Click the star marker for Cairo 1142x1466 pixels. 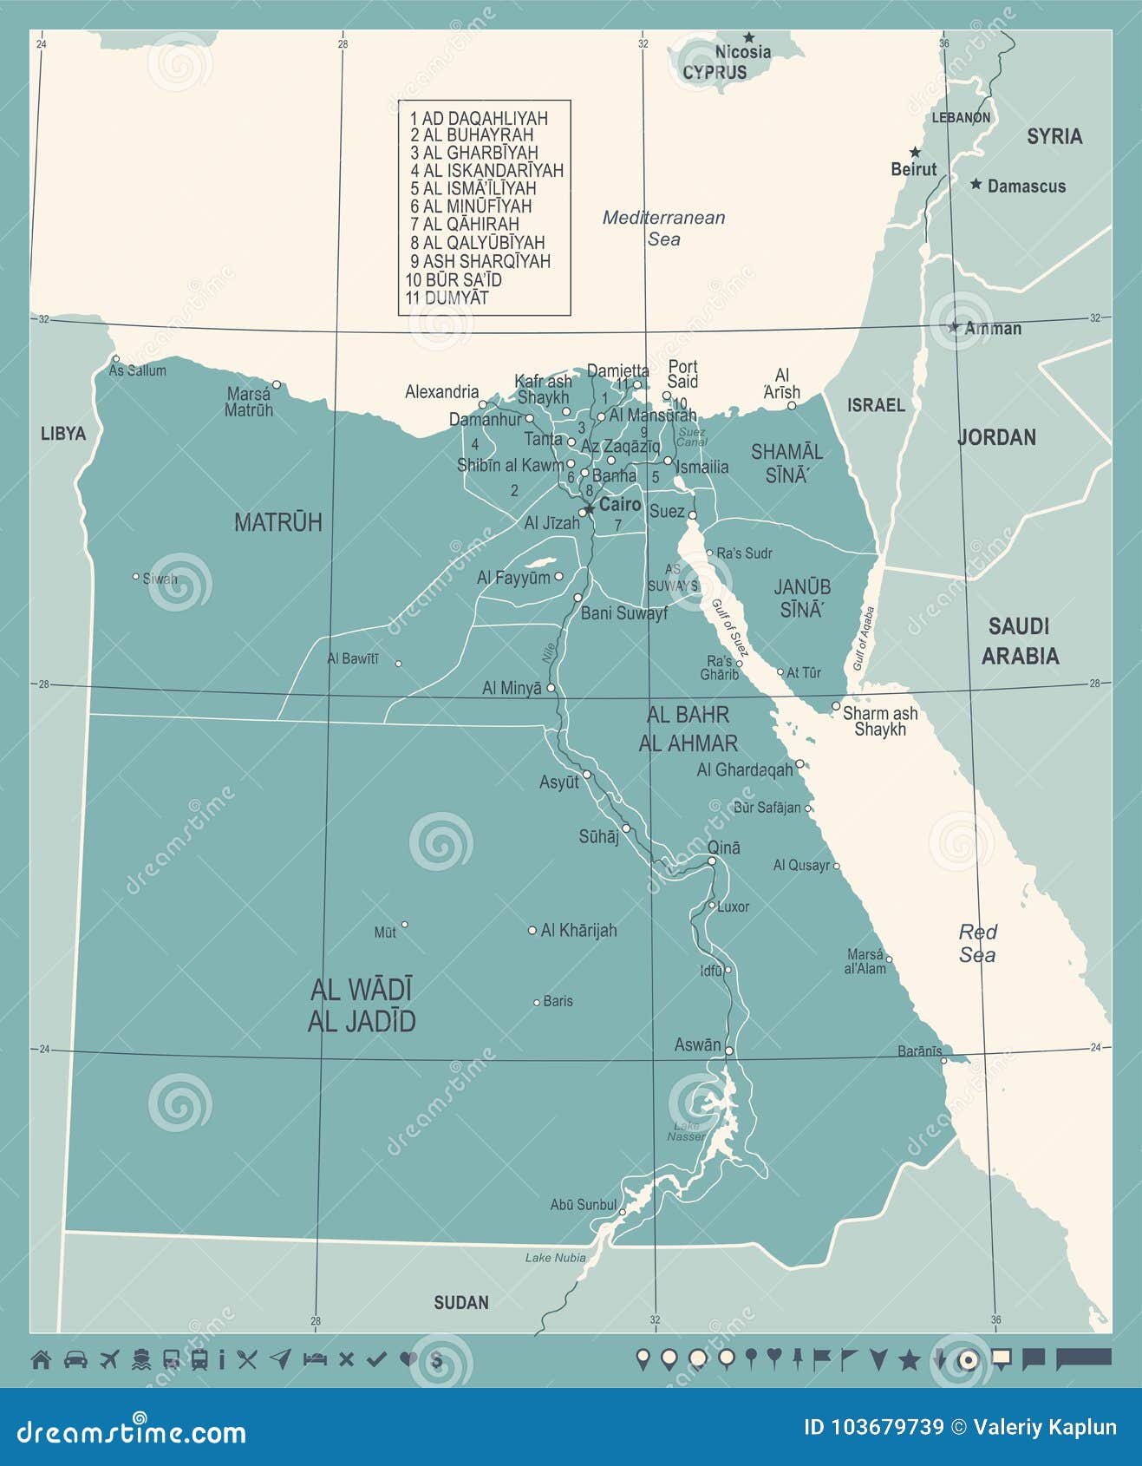point(589,508)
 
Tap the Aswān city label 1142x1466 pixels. point(697,1045)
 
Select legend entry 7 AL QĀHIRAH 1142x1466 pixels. point(465,225)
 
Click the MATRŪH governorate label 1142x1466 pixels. point(277,522)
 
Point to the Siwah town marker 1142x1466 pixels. point(135,576)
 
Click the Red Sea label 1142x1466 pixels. point(977,943)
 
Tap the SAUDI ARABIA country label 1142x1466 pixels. point(1020,640)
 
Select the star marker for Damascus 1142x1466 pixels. point(976,184)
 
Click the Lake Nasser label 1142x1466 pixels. point(686,1131)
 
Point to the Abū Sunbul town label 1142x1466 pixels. point(583,1205)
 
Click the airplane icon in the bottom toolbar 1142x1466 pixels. point(109,1359)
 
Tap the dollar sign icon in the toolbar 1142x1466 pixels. point(436,1360)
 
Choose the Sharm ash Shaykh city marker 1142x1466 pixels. point(836,706)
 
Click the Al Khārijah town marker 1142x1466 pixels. point(532,930)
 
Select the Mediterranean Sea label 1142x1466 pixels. point(663,228)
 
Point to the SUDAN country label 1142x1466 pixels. point(460,1302)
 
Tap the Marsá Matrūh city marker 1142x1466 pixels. point(277,384)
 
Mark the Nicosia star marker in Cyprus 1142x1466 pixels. point(748,37)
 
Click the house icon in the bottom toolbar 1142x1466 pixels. point(41,1359)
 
